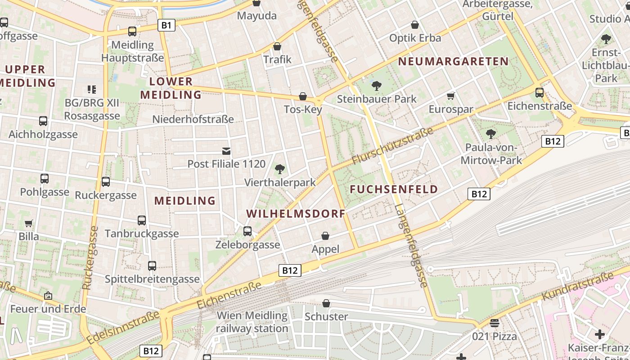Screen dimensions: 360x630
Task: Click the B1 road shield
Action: pyautogui.click(x=166, y=25)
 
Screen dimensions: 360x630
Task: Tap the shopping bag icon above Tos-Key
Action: pyautogui.click(x=303, y=97)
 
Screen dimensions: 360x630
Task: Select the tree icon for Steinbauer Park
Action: pyautogui.click(x=376, y=85)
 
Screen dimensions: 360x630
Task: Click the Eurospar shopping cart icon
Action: pyautogui.click(x=450, y=96)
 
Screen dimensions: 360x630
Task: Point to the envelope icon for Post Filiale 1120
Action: pyautogui.click(x=226, y=151)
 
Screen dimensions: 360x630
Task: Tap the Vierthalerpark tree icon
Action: pyautogui.click(x=280, y=169)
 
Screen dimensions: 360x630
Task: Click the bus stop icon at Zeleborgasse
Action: pyautogui.click(x=247, y=231)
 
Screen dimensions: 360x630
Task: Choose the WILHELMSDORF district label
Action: pyautogui.click(x=296, y=213)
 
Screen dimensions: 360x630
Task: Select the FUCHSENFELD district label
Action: pyautogui.click(x=394, y=189)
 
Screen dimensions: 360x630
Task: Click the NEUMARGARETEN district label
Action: pyautogui.click(x=453, y=61)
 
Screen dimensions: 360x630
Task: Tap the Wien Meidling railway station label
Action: pyautogui.click(x=252, y=322)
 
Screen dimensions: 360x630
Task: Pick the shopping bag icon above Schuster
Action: pyautogui.click(x=326, y=303)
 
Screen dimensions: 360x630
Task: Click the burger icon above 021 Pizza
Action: pyautogui.click(x=495, y=323)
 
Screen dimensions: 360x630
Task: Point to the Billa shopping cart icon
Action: pyautogui.click(x=29, y=223)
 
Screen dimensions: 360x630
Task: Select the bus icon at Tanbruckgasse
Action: pyautogui.click(x=142, y=220)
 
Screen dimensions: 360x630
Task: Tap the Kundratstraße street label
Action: pyautogui.click(x=578, y=286)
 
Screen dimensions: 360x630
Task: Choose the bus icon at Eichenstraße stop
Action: pyautogui.click(x=540, y=93)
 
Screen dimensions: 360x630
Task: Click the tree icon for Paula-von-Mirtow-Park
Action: pyautogui.click(x=490, y=134)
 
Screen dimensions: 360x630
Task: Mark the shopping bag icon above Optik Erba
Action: pyautogui.click(x=415, y=25)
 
